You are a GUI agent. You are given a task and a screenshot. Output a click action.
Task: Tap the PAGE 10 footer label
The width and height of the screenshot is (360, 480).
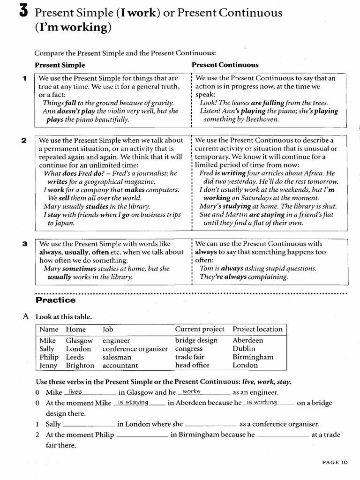click(x=335, y=462)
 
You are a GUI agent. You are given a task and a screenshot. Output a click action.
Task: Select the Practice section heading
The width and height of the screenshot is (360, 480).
click(x=55, y=300)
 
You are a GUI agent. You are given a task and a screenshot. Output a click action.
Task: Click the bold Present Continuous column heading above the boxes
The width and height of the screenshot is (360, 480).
click(x=225, y=65)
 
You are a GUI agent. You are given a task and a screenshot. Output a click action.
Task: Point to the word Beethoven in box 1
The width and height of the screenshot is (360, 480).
click(x=261, y=120)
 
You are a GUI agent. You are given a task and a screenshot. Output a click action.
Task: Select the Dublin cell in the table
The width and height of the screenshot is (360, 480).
click(x=244, y=349)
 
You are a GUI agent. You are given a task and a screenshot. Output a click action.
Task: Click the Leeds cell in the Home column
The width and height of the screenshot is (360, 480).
click(x=75, y=357)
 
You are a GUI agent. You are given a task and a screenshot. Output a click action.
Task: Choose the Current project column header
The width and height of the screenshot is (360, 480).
click(x=200, y=329)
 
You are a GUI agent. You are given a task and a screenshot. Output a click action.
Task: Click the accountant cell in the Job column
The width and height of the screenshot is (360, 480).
click(x=120, y=365)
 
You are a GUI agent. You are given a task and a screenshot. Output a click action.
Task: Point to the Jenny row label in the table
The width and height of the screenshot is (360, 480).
click(x=48, y=365)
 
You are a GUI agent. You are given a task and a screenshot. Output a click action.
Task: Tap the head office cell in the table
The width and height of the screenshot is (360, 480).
click(x=192, y=365)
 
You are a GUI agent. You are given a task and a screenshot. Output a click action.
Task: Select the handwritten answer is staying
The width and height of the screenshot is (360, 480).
click(x=133, y=402)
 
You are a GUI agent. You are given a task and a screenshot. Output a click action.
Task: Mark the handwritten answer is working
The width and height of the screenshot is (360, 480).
click(x=261, y=402)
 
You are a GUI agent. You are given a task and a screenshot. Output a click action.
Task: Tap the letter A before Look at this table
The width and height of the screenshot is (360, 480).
click(x=26, y=316)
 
